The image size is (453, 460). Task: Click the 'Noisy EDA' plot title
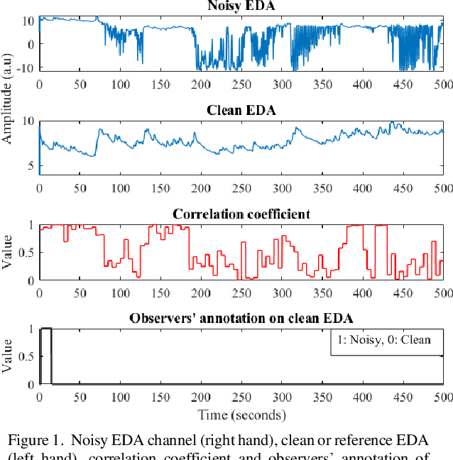[x=241, y=6]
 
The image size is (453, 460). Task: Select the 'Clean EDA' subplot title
[x=241, y=110]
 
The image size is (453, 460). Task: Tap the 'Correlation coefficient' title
[x=241, y=214]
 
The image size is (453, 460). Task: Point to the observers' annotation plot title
[x=241, y=318]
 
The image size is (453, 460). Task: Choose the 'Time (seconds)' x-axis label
[x=241, y=415]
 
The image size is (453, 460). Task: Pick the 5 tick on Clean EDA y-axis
[x=31, y=166]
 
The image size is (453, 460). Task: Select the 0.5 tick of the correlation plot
[x=26, y=253]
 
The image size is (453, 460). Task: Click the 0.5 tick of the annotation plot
[x=26, y=357]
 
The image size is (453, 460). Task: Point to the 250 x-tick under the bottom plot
[x=241, y=398]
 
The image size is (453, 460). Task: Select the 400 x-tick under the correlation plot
[x=362, y=293]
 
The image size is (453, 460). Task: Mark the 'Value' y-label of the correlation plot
[x=9, y=253]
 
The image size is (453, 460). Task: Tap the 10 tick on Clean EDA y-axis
[x=28, y=121]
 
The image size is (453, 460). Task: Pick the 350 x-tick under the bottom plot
[x=322, y=398]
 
